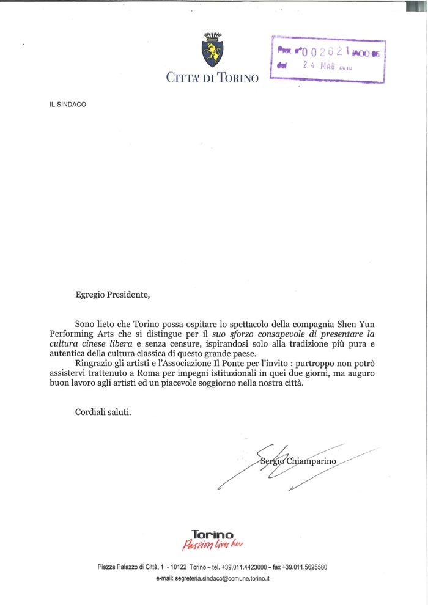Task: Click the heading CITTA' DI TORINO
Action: (x=212, y=78)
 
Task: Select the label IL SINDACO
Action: (x=68, y=104)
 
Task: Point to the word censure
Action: (x=175, y=344)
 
